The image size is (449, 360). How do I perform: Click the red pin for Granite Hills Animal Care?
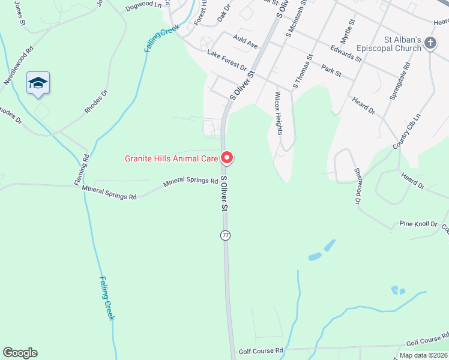pos(227,158)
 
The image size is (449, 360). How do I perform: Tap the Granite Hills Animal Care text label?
pos(172,159)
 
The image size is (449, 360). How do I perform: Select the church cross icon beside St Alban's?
pos(430,43)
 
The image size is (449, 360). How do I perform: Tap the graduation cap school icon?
pos(38,83)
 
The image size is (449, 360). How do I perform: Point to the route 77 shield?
pos(225,235)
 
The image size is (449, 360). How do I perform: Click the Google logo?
pos(20,353)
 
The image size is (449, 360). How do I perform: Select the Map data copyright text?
pos(422,355)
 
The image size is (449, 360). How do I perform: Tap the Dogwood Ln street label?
pos(144,5)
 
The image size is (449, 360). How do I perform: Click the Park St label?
pos(331,70)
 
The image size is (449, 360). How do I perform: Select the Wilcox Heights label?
pos(278,113)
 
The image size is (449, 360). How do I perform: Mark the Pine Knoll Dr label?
pos(418,224)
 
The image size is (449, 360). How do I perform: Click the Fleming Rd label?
pos(85,169)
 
